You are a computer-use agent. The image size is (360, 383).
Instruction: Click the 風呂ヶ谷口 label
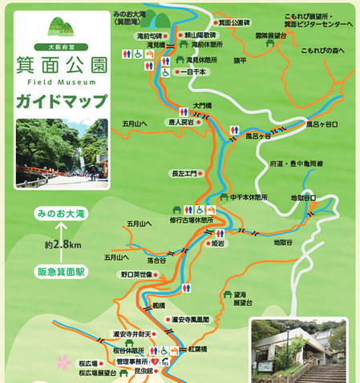pos(321,124)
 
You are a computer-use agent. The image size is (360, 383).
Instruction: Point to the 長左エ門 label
pos(183,172)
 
